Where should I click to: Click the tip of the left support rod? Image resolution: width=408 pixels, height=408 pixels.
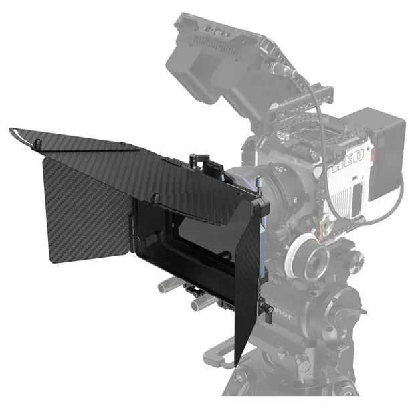[x=162, y=287]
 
